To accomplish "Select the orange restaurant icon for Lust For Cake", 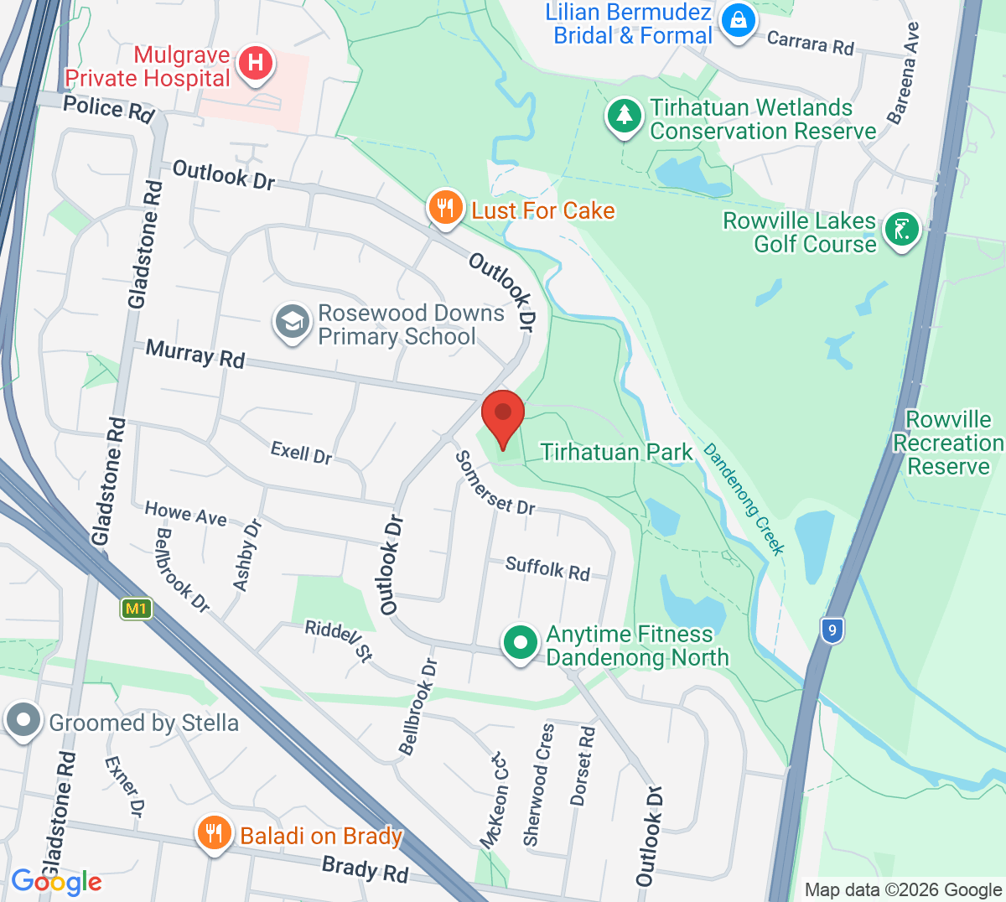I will (446, 207).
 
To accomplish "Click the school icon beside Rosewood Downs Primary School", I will (293, 322).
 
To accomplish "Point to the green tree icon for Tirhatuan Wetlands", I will (624, 116).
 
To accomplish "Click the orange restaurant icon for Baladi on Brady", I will (215, 833).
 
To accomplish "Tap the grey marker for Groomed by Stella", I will (23, 720).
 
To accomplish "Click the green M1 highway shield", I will (136, 609).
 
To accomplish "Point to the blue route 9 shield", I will (831, 630).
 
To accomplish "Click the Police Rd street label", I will (109, 109).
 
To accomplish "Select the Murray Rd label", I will (195, 354).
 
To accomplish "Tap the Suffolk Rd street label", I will (547, 568).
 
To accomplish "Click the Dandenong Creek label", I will (744, 499).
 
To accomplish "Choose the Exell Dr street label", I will (301, 454).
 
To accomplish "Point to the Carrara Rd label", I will (810, 43).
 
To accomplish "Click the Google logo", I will (56, 882).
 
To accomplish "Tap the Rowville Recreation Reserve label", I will (948, 443).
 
